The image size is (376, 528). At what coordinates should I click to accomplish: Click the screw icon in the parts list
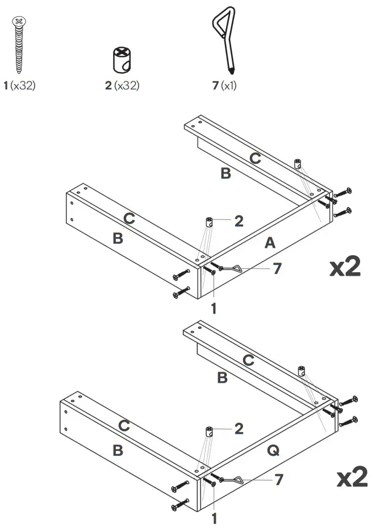point(19,45)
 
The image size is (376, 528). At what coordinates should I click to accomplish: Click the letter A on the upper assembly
point(270,243)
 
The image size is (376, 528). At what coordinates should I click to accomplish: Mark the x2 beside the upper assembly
point(345,267)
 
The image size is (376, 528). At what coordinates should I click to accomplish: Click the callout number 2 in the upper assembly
point(239,221)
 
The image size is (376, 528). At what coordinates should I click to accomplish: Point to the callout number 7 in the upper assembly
point(277,268)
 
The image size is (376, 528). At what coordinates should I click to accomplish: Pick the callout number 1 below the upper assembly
point(214,310)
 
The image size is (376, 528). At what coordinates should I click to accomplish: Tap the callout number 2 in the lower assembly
point(239,429)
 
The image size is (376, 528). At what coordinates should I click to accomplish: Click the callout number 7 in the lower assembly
point(278,480)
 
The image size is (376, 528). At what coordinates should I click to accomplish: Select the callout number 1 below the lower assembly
point(214,518)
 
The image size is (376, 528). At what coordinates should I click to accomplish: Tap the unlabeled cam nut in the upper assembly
point(298,164)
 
